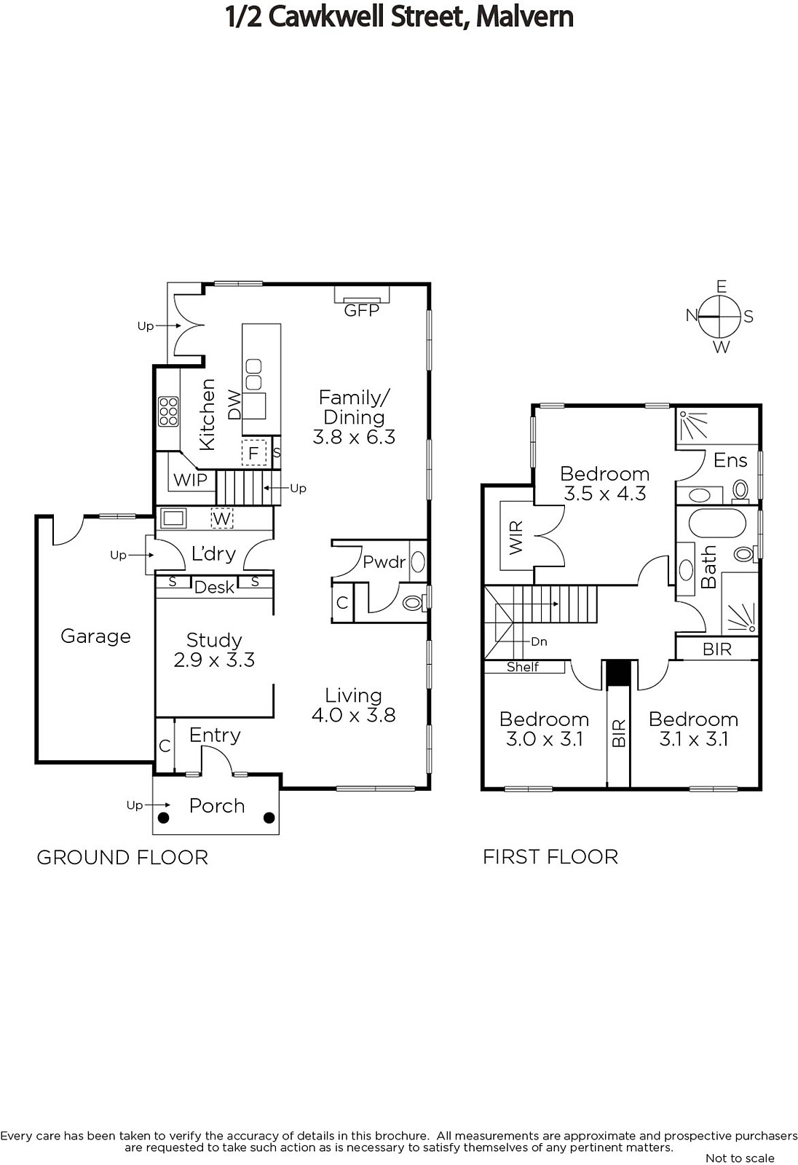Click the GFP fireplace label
[362, 310]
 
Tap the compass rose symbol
[720, 316]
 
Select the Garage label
[95, 636]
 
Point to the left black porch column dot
[163, 818]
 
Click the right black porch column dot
[269, 818]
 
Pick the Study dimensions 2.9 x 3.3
[214, 660]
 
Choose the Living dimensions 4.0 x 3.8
[354, 715]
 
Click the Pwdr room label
[384, 562]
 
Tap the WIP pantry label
[190, 480]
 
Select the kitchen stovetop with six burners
[168, 411]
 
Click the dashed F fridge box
[254, 453]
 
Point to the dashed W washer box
[221, 518]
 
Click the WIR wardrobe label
[515, 537]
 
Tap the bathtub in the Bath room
[717, 524]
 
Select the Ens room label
[730, 460]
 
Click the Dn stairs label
[539, 641]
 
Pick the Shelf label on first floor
[523, 667]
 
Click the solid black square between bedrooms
[619, 674]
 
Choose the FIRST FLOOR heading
[550, 856]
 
